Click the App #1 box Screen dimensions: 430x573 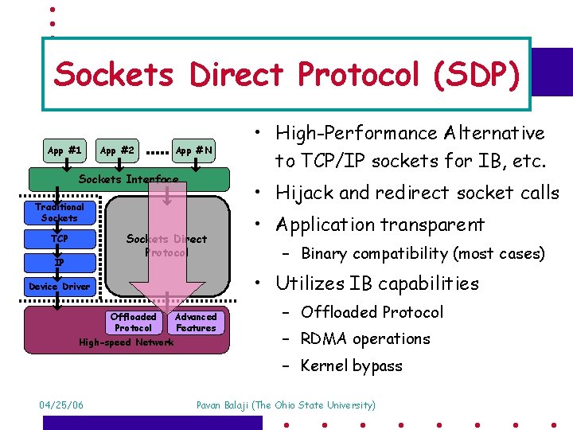click(x=64, y=150)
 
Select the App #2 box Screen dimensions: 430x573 click(x=116, y=150)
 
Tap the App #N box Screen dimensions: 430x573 click(x=194, y=150)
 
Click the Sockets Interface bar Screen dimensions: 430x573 click(x=128, y=179)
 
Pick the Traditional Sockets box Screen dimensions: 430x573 click(x=60, y=212)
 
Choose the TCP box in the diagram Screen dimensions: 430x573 click(x=60, y=238)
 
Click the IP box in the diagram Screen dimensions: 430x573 click(x=60, y=262)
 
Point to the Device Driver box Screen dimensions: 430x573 click(x=60, y=286)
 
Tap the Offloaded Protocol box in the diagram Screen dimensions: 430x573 click(x=133, y=322)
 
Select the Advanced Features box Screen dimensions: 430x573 click(x=196, y=322)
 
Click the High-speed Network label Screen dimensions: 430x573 click(x=126, y=342)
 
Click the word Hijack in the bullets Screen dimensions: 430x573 click(x=307, y=193)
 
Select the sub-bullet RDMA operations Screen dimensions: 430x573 click(x=365, y=338)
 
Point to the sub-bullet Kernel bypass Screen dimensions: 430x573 click(x=351, y=365)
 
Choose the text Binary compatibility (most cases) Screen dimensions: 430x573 click(x=423, y=254)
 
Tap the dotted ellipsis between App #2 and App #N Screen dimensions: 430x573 click(x=158, y=150)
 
